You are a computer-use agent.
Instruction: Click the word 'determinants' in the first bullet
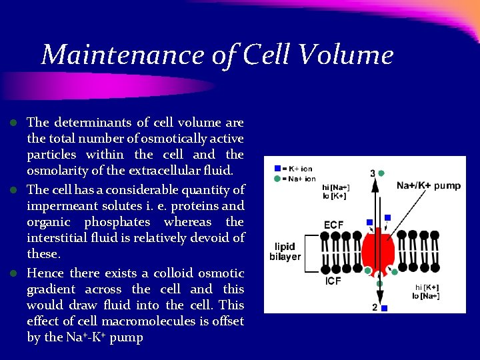tap(93, 123)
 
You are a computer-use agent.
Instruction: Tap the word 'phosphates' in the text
tap(119, 222)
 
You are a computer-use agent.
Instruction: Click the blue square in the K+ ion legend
tap(277, 169)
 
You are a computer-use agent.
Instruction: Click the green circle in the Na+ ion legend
tap(277, 179)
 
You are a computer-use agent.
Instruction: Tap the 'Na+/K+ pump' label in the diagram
tap(428, 185)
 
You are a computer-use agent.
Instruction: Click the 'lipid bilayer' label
tap(285, 251)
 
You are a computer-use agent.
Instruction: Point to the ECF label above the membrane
tap(333, 225)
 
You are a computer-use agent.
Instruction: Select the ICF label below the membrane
tap(333, 281)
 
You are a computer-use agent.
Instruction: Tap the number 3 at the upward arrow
tap(373, 174)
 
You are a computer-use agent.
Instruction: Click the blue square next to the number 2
tap(385, 308)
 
